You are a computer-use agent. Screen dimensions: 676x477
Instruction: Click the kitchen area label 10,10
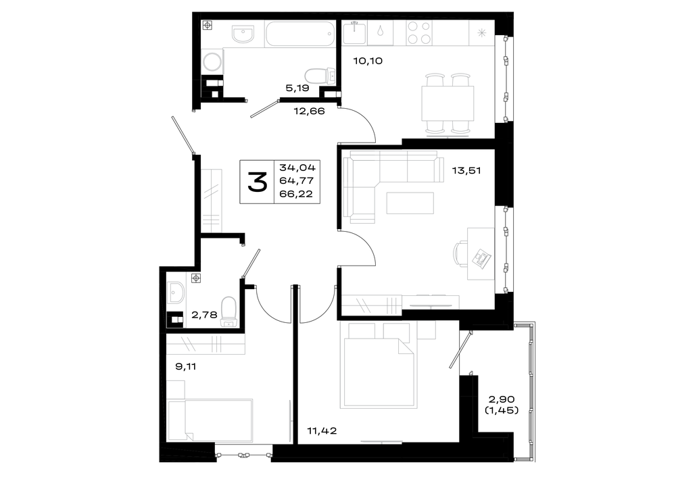tap(368, 61)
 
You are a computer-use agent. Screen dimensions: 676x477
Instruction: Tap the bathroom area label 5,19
tap(297, 89)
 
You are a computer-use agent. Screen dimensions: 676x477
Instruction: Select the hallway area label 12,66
tap(309, 111)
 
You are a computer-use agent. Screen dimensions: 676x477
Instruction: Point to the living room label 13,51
tap(466, 171)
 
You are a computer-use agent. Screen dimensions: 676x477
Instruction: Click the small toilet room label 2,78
tap(204, 315)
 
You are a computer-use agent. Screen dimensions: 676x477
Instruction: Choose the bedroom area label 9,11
tap(186, 367)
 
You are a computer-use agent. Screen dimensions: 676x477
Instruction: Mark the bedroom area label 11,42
tap(322, 430)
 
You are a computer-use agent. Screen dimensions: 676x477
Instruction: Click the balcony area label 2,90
tap(502, 399)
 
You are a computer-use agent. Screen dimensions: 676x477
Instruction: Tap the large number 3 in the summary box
tap(258, 181)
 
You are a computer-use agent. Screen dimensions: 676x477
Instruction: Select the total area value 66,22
tap(296, 195)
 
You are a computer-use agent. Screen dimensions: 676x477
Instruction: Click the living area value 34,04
tap(297, 167)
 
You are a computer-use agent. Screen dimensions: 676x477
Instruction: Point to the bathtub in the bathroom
tap(300, 34)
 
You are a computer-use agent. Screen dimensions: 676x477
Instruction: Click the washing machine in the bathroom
tap(212, 61)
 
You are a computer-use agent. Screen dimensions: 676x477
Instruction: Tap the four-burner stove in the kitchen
tap(420, 32)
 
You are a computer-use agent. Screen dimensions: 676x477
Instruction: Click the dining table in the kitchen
tap(448, 103)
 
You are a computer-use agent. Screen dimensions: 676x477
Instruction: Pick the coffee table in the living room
tap(410, 203)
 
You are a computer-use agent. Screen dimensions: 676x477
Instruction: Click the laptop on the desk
tap(481, 257)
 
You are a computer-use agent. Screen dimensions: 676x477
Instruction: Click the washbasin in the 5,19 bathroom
tap(243, 34)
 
